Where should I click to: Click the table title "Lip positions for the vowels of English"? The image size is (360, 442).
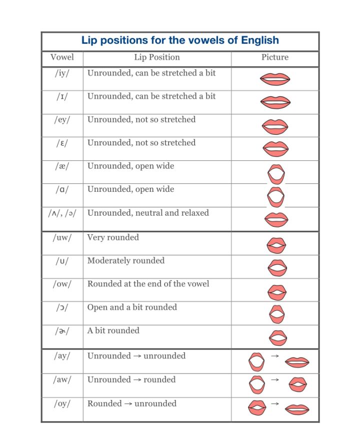point(180,40)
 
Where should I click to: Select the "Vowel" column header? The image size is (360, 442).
point(62,57)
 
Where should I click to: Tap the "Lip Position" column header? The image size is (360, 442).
point(156,57)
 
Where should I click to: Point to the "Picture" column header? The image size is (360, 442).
point(275,57)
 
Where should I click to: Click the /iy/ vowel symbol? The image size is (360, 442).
point(62,73)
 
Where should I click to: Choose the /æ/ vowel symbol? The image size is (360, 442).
point(62,166)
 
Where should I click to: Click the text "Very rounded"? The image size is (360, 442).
point(113,237)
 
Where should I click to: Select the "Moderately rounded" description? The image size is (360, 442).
point(125,261)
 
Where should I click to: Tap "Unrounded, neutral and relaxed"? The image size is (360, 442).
point(148,213)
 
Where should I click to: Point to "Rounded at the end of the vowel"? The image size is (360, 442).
point(148,284)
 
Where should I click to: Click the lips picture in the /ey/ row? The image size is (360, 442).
point(275,126)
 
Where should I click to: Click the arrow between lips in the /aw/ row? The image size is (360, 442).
point(274,380)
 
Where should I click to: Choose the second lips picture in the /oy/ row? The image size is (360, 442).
point(297,409)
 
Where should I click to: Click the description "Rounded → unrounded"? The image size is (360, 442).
point(131,404)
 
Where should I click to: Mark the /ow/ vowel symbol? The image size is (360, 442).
point(62,284)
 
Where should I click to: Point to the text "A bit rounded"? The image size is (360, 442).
point(113,331)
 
